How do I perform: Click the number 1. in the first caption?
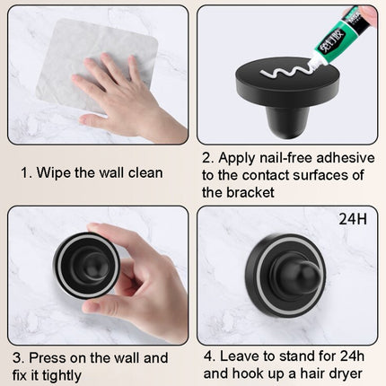click(x=28, y=171)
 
